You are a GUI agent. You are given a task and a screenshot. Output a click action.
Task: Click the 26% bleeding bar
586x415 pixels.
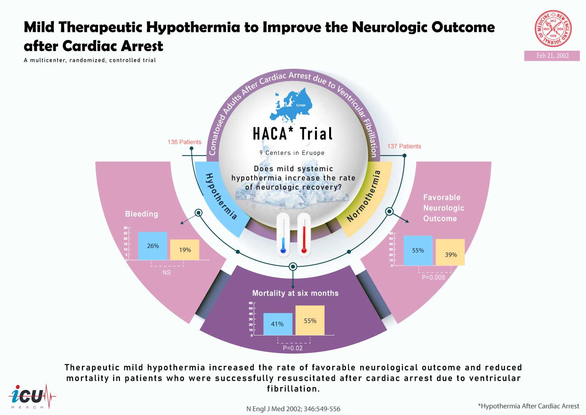click(153, 246)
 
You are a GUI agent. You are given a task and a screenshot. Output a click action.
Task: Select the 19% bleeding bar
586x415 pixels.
click(185, 250)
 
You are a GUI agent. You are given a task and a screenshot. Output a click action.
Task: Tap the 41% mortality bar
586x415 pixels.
click(278, 324)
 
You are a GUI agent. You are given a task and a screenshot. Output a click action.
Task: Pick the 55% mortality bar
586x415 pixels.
click(310, 320)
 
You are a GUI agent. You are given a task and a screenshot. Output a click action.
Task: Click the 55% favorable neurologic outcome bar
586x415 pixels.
click(418, 251)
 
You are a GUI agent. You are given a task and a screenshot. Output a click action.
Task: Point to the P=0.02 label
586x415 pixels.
click(293, 348)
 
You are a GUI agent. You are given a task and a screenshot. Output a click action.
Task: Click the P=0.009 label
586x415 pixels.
click(433, 277)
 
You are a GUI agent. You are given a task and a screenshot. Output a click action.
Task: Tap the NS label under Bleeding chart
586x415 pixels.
click(166, 272)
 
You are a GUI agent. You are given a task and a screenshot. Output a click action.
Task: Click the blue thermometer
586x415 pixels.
click(283, 235)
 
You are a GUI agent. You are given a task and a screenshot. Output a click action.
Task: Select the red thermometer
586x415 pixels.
click(304, 235)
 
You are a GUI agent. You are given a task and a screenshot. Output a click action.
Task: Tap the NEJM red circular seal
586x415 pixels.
click(553, 29)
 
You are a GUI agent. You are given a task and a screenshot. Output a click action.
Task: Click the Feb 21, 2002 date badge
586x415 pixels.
click(552, 56)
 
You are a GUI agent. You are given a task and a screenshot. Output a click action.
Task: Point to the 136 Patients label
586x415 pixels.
click(184, 142)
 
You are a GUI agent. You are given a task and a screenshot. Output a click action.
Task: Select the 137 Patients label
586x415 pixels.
click(404, 146)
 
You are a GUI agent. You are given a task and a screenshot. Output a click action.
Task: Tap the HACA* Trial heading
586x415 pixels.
click(293, 134)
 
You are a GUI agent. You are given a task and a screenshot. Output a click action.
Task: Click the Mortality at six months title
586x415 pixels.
click(295, 293)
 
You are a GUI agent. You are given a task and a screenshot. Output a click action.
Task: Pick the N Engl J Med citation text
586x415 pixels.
click(293, 409)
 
